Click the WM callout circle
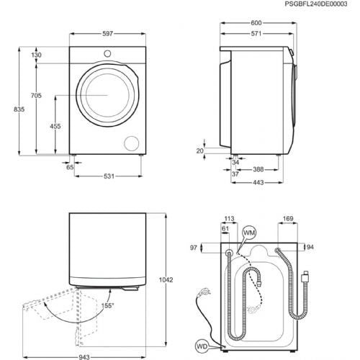(249, 233)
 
